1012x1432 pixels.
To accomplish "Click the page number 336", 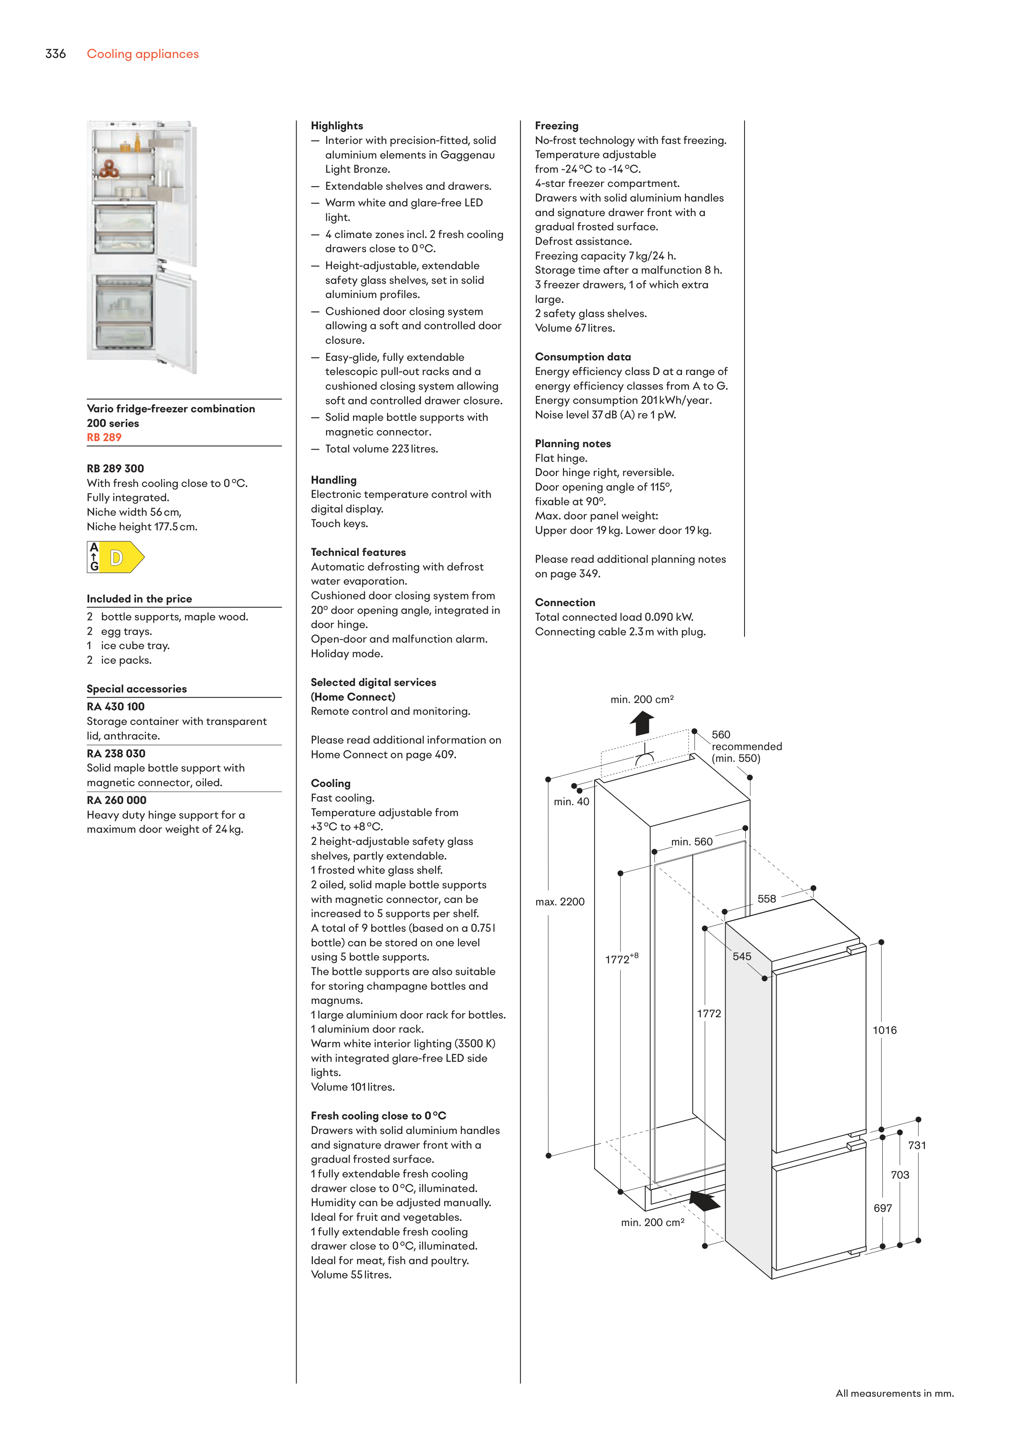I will [56, 54].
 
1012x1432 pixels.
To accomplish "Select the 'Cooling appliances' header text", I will [143, 54].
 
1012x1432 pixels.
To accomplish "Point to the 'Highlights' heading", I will [337, 125].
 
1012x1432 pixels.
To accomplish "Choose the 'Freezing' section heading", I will [556, 125].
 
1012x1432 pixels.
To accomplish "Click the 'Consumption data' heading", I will [582, 357].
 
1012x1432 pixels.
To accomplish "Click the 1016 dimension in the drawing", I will [884, 1030].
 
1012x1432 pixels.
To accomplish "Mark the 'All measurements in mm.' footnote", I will [894, 1393].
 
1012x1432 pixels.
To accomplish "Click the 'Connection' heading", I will [565, 602].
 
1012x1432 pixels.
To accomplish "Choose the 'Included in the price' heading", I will [139, 599].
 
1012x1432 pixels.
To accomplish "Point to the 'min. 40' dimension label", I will [571, 802].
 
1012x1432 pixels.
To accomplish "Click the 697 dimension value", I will [882, 1208].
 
